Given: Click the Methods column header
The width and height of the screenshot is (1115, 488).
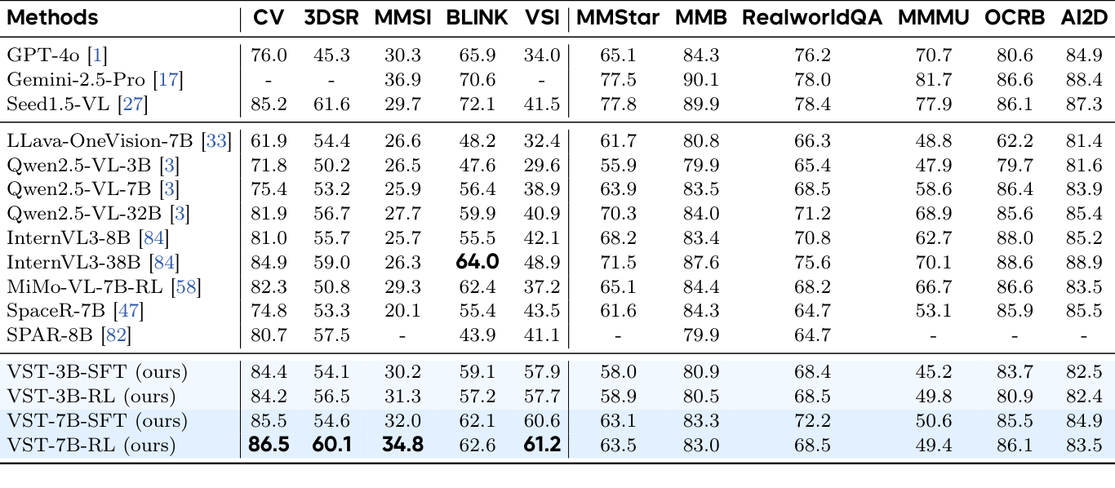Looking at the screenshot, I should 52,17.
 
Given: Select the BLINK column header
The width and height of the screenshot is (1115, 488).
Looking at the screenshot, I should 477,17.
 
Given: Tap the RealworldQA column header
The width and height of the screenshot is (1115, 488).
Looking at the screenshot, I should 811,17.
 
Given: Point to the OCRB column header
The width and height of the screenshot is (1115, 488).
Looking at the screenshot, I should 1015,17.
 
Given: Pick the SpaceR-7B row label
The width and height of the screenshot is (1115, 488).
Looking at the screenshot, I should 60,310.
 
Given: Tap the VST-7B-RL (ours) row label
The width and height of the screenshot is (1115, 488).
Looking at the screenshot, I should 91,446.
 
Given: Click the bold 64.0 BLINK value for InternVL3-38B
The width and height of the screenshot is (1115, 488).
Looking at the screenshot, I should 477,262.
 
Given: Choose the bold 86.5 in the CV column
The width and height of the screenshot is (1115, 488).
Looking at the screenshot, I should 269,446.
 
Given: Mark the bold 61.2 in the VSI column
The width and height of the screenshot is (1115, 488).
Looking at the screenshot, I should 542,446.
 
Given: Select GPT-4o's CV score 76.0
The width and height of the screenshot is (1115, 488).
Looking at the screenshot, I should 269,55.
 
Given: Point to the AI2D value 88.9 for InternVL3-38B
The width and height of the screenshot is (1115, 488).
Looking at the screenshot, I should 1084,262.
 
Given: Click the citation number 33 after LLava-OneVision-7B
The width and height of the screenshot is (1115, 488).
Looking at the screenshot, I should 216,140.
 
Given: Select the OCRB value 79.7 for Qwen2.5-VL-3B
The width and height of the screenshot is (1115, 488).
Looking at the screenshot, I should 1015,165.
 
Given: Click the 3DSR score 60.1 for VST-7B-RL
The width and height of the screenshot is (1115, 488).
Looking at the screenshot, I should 330,446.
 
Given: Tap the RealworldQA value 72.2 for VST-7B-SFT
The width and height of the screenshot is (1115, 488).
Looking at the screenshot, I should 811,421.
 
